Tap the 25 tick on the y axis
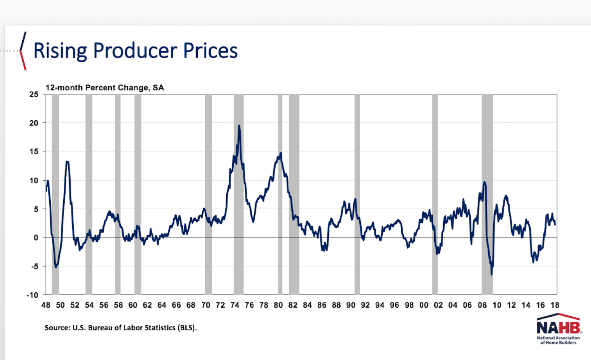[x=34, y=95]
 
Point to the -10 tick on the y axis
[x=32, y=295]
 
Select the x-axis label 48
[x=46, y=305]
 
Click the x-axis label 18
[x=555, y=305]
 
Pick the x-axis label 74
[x=235, y=305]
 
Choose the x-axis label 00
[x=424, y=305]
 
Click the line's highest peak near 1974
[x=239, y=126]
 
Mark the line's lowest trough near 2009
[x=491, y=274]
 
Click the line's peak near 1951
[x=67, y=161]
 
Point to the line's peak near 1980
[x=281, y=153]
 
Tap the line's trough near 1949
[x=56, y=267]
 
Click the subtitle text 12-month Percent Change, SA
[x=104, y=88]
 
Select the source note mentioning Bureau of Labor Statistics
[x=120, y=328]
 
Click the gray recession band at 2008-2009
[x=487, y=195]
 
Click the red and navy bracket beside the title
[x=23, y=51]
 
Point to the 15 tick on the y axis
[x=34, y=152]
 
